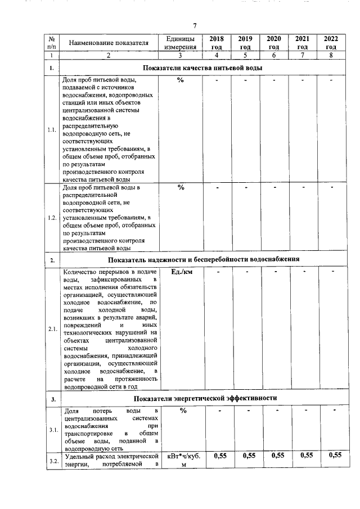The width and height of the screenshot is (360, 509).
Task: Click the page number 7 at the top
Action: [x=195, y=26]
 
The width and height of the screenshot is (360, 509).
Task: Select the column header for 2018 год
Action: [x=216, y=43]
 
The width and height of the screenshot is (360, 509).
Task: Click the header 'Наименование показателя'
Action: [x=109, y=43]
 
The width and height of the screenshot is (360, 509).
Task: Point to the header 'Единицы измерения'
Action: [x=181, y=43]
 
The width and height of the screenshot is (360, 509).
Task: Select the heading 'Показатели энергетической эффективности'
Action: [x=205, y=399]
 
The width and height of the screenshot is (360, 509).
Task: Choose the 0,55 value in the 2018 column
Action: [x=216, y=456]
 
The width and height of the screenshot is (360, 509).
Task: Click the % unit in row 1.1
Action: [x=181, y=81]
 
